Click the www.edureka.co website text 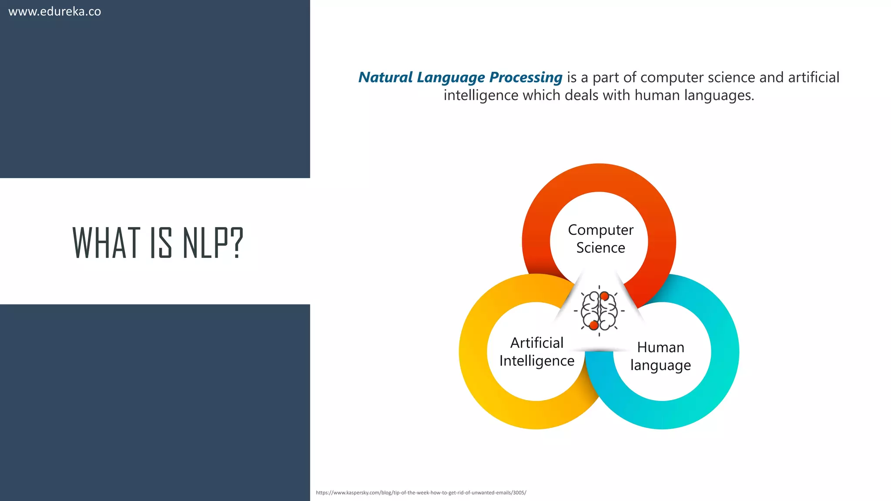coord(55,11)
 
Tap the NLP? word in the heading coord(213,243)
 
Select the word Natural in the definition coord(385,77)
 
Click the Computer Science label coord(600,238)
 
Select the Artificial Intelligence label coord(537,351)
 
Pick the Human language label coord(660,356)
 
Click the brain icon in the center coord(599,311)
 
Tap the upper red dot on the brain coord(604,297)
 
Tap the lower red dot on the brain coord(594,325)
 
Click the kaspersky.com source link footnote coord(421,493)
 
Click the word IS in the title coord(161,243)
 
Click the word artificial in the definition coord(814,77)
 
